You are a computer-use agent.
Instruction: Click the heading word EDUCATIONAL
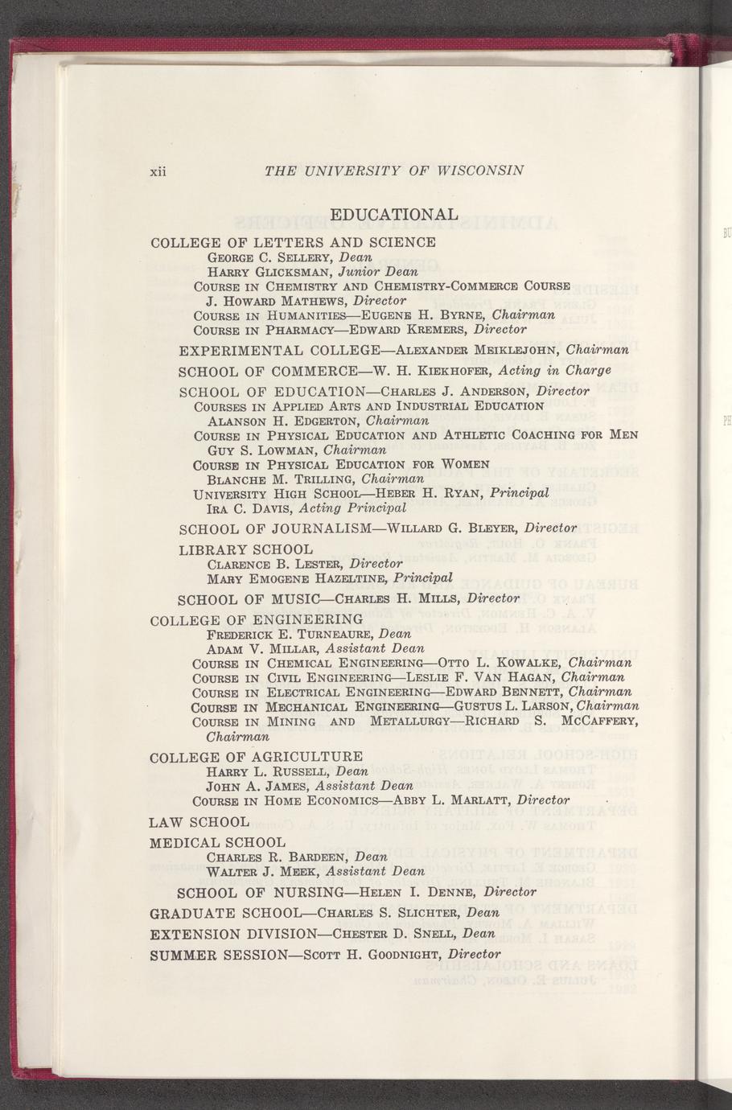(x=394, y=215)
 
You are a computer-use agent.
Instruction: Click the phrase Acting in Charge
(x=555, y=371)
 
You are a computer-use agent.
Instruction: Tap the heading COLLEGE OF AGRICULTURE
(x=257, y=757)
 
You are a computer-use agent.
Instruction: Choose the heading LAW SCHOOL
(x=199, y=822)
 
